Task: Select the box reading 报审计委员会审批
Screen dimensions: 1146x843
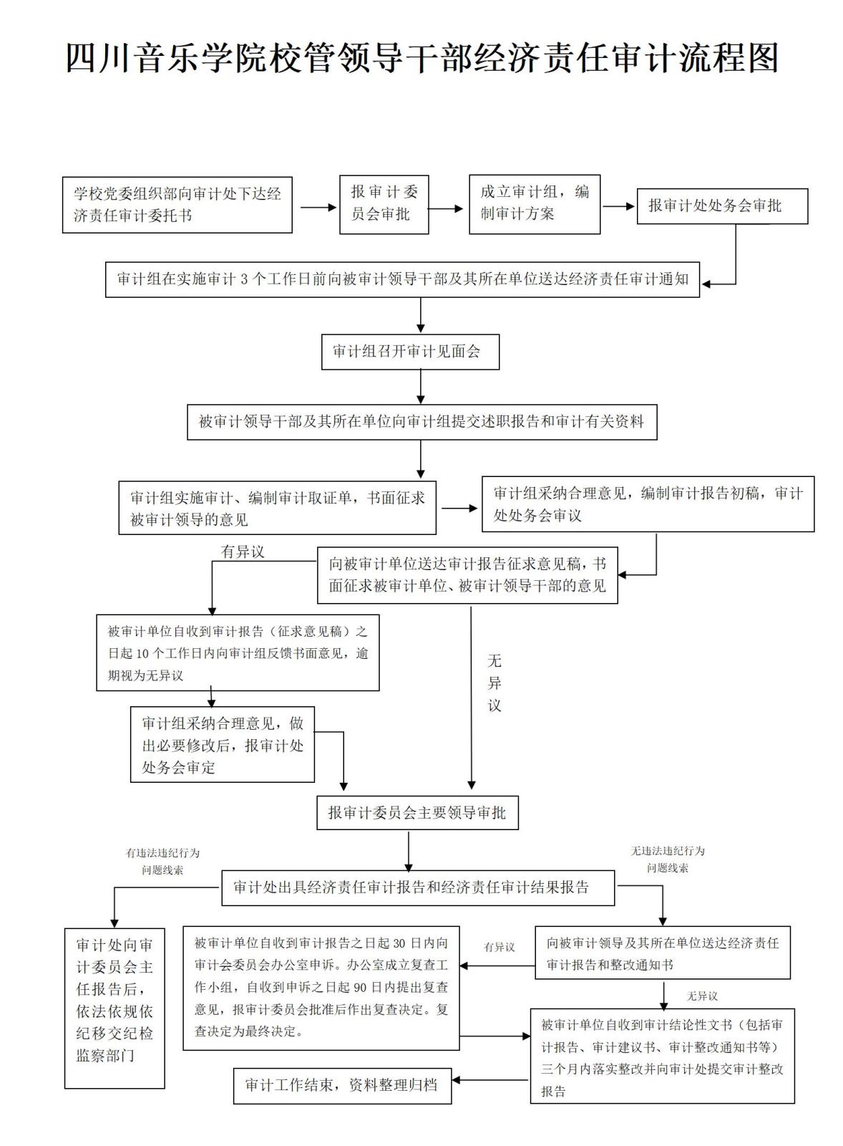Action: pyautogui.click(x=384, y=204)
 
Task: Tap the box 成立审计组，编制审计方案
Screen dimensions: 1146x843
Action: pyautogui.click(x=534, y=204)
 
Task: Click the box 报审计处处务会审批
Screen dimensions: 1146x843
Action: pyautogui.click(x=721, y=206)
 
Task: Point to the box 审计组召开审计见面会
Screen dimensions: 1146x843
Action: pyautogui.click(x=410, y=352)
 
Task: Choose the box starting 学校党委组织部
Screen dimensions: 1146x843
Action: pyautogui.click(x=177, y=205)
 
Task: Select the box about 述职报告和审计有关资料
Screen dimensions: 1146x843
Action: pyautogui.click(x=421, y=422)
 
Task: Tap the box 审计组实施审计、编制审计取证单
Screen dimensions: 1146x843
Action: pyautogui.click(x=277, y=508)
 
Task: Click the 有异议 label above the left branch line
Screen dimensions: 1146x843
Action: pyautogui.click(x=243, y=552)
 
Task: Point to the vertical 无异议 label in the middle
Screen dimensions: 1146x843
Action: pyautogui.click(x=494, y=683)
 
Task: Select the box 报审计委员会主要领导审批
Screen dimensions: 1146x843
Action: pyautogui.click(x=417, y=813)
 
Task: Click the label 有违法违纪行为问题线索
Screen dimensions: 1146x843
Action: pyautogui.click(x=163, y=862)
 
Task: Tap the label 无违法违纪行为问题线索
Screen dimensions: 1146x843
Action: pyautogui.click(x=667, y=860)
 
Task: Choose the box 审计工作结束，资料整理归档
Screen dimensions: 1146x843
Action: pyautogui.click(x=342, y=1086)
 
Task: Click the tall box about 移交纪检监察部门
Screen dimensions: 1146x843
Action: pyautogui.click(x=114, y=1008)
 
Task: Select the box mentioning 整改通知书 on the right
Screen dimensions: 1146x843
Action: pyautogui.click(x=662, y=953)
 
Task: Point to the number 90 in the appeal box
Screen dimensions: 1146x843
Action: pyautogui.click(x=360, y=988)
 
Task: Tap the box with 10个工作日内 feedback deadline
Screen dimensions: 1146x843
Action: pyautogui.click(x=238, y=653)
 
